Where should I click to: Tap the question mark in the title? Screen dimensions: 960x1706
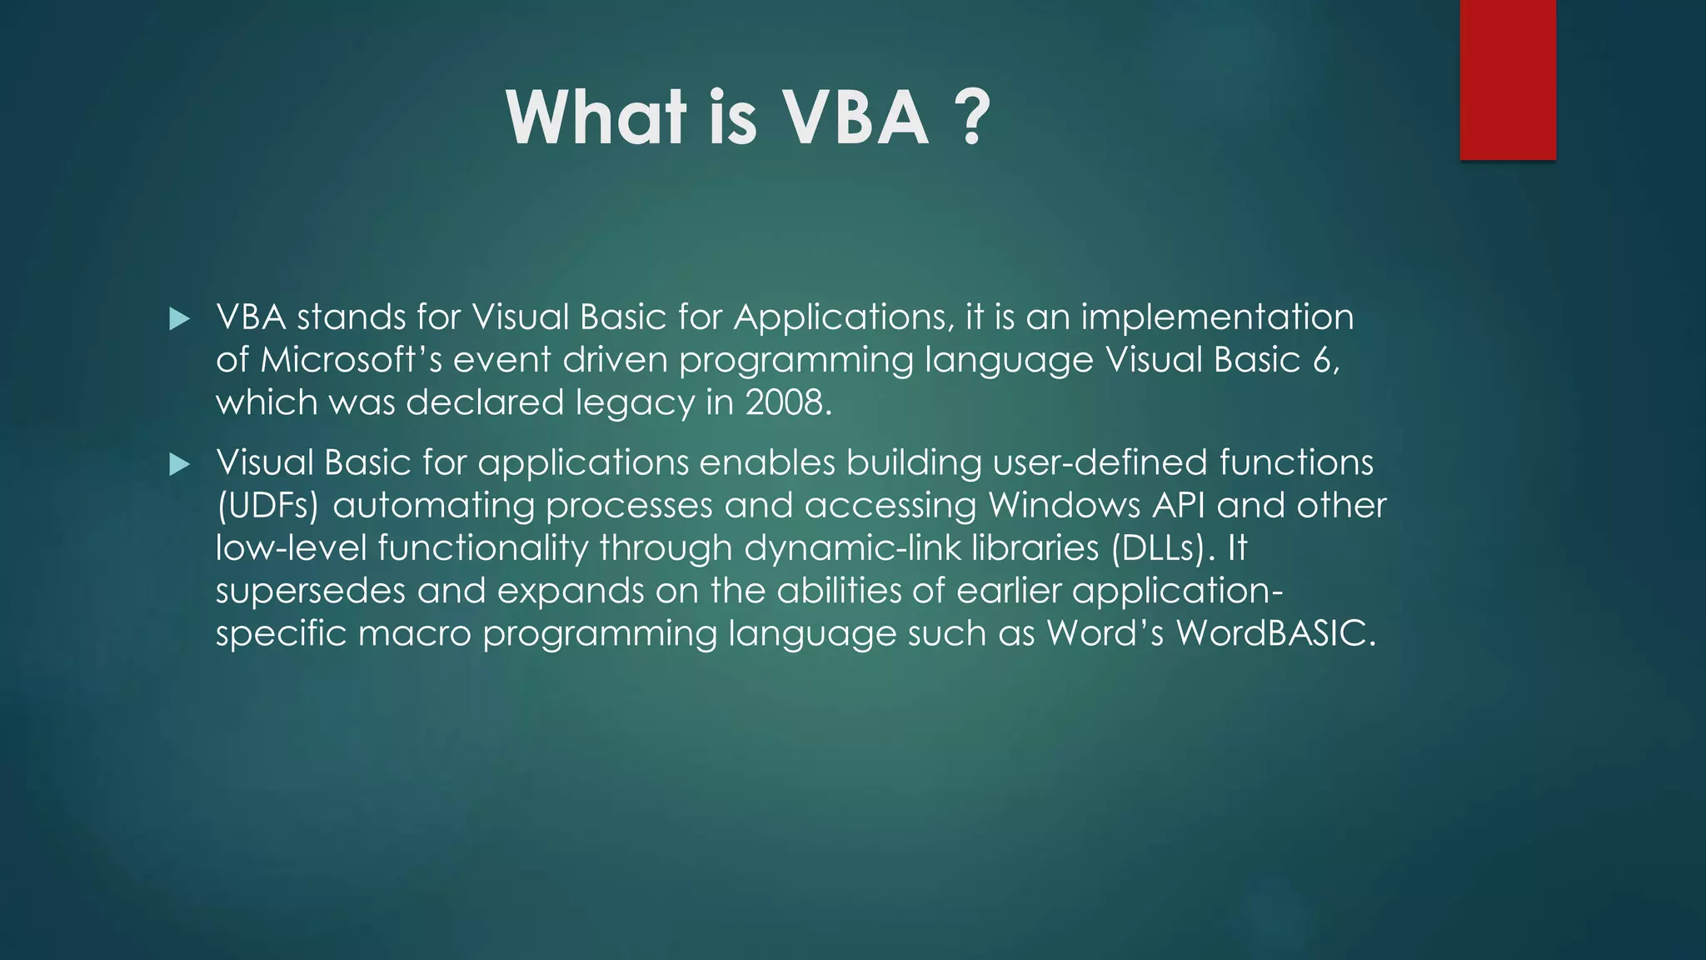point(971,118)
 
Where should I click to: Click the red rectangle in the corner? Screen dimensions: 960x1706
point(1507,80)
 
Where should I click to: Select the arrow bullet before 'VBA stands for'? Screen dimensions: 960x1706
point(179,319)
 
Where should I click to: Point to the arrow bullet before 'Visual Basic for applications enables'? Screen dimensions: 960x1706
point(179,464)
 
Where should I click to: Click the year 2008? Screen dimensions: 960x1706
point(787,403)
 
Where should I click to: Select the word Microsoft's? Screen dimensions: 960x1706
point(351,360)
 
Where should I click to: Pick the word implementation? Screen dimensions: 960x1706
point(1217,318)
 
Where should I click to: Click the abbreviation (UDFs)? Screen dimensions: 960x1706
point(267,506)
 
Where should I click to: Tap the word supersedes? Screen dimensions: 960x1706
point(310,591)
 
